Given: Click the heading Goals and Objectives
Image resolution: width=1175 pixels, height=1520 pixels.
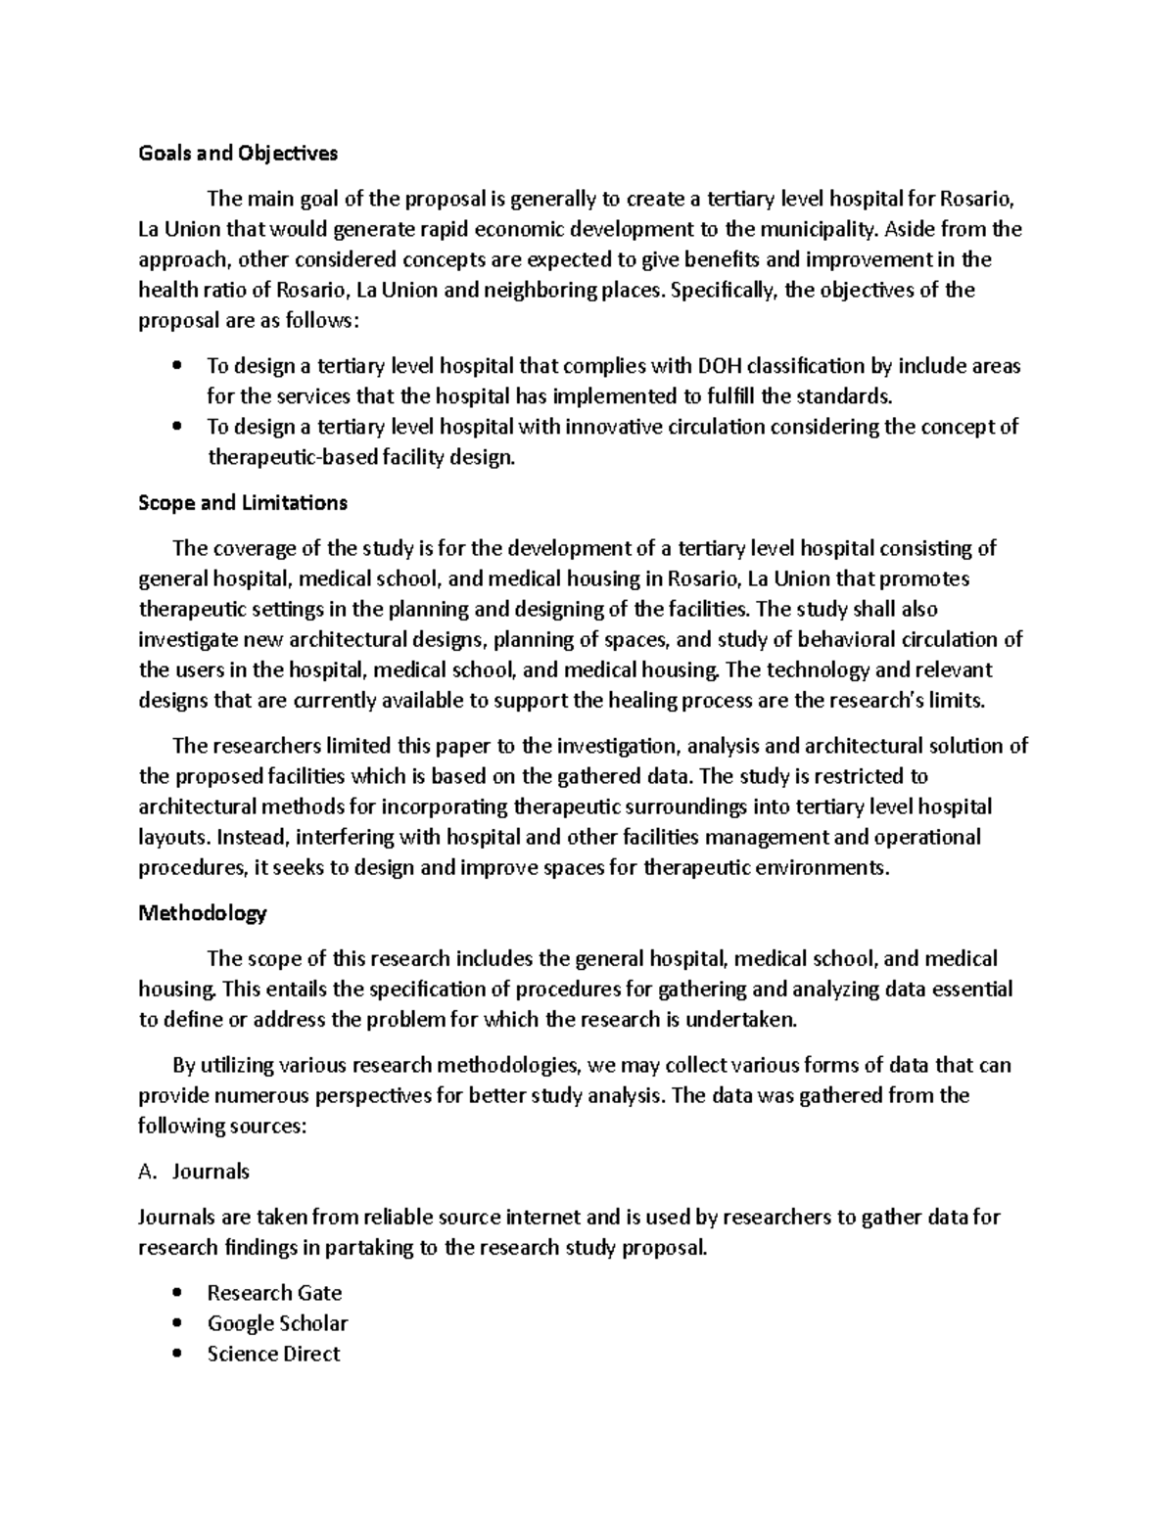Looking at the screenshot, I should pos(238,153).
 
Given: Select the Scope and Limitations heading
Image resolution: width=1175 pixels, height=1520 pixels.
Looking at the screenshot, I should pos(243,503).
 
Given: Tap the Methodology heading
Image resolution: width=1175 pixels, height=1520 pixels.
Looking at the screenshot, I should pos(203,913).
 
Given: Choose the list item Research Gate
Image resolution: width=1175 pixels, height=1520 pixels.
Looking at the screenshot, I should pos(274,1293).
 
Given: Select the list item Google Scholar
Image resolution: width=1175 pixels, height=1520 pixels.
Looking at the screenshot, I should pos(277,1323).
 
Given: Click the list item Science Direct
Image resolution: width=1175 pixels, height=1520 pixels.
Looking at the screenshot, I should pos(273,1354).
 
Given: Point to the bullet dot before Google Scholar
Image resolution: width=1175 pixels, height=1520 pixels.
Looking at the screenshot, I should pos(176,1323).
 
